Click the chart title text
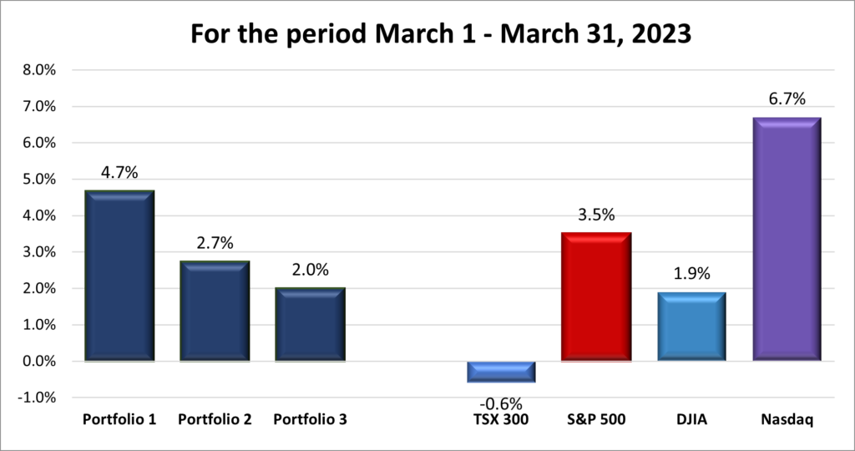(427, 34)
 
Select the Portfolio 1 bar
(119, 276)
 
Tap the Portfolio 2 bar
(215, 312)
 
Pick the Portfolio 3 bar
(310, 325)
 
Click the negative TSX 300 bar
(501, 372)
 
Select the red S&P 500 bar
(595, 297)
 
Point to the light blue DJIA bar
(691, 327)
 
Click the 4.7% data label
(119, 173)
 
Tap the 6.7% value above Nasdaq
(786, 99)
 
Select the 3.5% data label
(595, 215)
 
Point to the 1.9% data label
(691, 275)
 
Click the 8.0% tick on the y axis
(38, 70)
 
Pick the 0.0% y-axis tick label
(38, 362)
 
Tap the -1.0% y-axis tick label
(36, 398)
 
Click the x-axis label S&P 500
(595, 419)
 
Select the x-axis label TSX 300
(501, 419)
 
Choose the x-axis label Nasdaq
(786, 419)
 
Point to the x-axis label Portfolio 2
(215, 419)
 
